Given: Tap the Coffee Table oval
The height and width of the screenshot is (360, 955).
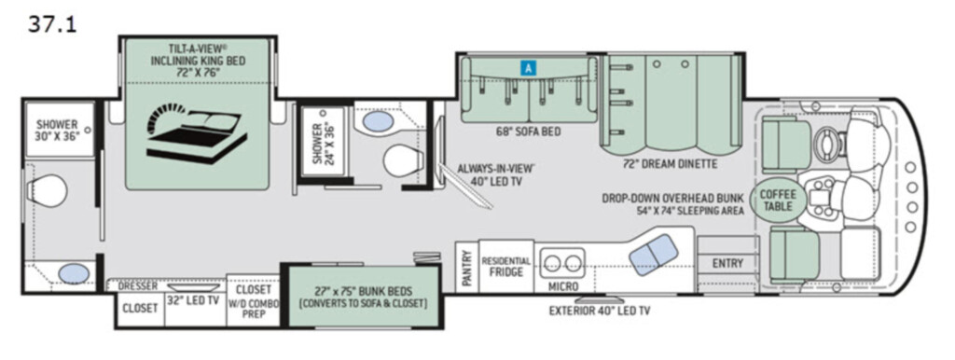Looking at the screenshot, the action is coord(777,201).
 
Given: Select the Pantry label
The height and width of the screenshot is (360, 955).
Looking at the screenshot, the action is coord(467,268).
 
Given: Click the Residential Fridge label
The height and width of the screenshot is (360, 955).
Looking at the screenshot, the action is coord(506,266).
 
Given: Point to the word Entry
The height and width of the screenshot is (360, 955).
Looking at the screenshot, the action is coord(727,263).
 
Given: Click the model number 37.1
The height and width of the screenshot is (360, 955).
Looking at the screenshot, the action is coord(52,24).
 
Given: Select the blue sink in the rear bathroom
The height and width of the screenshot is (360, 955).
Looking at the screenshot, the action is coord(74,273).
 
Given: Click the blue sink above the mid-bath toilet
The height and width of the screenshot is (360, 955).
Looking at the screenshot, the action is coord(379,120).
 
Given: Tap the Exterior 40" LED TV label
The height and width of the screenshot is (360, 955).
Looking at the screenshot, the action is coord(600,311).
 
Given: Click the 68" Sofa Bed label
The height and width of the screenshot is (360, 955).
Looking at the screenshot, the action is coord(529,132).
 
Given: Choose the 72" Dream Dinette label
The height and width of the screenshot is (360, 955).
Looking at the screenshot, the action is coord(671,164).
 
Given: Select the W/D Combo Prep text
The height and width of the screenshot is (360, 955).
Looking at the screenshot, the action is coord(254,309).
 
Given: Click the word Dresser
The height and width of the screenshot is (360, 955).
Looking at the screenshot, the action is coord(138,285).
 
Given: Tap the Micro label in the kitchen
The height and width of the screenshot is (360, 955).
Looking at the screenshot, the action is coord(562,286).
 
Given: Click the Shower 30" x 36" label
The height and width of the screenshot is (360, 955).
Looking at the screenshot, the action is coord(58,131).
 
